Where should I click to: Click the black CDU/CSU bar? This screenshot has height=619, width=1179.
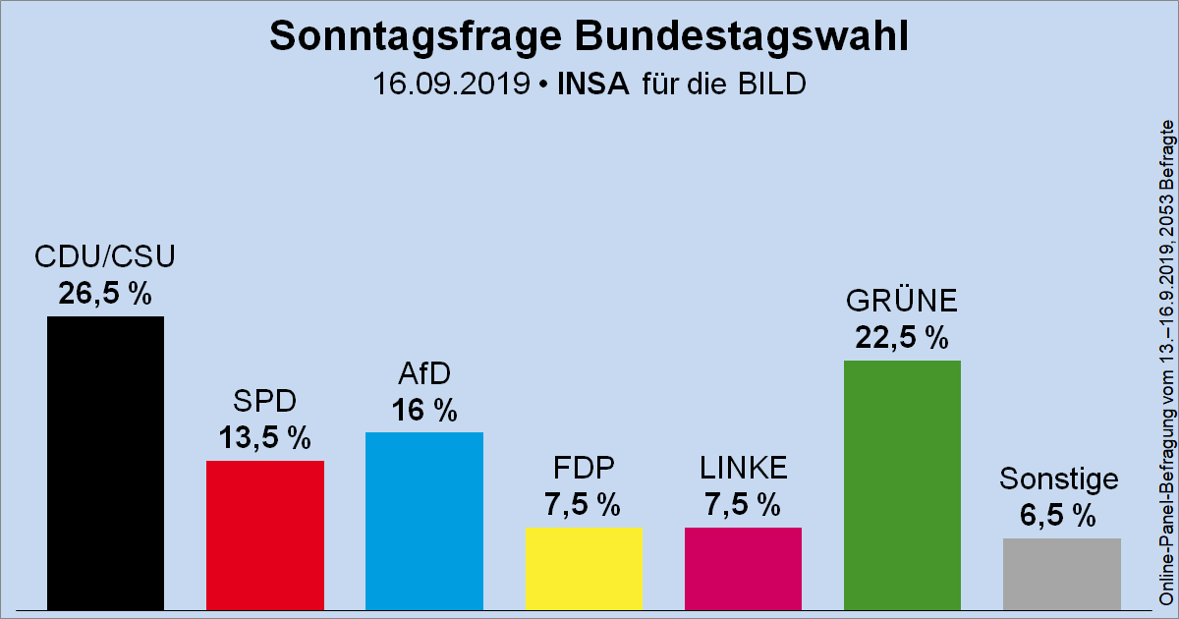[x=105, y=462]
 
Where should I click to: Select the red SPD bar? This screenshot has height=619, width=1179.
[x=264, y=535]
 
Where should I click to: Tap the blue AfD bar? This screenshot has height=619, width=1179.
[x=423, y=521]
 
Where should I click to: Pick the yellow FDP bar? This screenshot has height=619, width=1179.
[x=584, y=569]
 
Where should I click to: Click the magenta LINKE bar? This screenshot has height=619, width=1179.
[x=743, y=569]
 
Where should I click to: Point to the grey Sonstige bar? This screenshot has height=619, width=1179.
[x=1061, y=574]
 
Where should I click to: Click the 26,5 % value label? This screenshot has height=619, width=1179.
[x=105, y=294]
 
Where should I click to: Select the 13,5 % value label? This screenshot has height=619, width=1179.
[x=264, y=438]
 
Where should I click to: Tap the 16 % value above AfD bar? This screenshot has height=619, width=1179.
[x=423, y=410]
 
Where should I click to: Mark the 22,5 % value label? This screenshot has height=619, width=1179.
[x=902, y=338]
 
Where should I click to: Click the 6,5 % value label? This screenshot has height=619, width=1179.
[x=1057, y=516]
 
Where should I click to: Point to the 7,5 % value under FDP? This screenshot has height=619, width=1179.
[x=583, y=505]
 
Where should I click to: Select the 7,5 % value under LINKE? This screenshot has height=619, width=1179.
[x=743, y=505]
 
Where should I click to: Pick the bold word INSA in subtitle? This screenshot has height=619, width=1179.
[x=594, y=84]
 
